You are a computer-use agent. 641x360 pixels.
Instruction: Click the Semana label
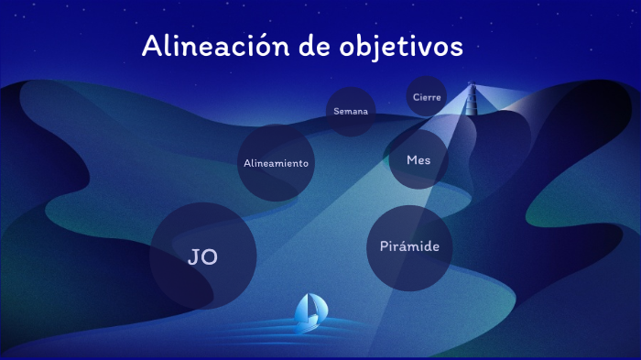pos(351,112)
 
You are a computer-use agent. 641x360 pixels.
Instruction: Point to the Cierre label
pos(428,96)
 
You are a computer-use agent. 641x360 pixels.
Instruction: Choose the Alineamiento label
pos(277,163)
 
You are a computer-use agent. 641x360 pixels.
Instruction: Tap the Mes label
pos(418,159)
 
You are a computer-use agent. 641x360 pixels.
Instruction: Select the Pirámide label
pos(410,246)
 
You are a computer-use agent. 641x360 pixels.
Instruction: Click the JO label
pos(203,257)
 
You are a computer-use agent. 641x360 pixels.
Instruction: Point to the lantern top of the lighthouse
pos(473,88)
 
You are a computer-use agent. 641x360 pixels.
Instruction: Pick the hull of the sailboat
pos(306,323)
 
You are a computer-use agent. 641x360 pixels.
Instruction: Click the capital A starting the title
pos(152,47)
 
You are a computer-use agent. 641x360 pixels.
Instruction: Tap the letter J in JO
pos(193,257)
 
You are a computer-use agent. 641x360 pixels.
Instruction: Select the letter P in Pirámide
pos(385,246)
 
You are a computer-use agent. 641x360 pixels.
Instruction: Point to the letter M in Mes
pos(411,159)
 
